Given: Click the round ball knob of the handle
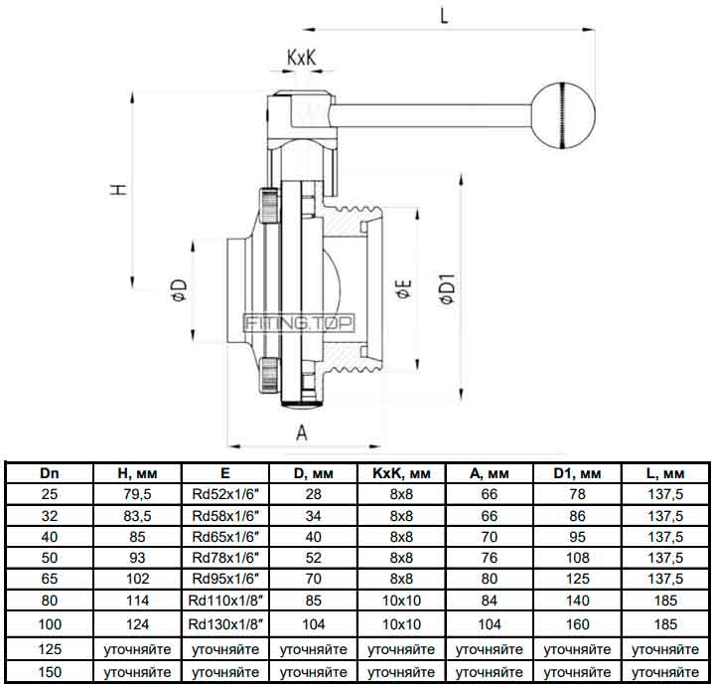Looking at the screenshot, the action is coord(563,115).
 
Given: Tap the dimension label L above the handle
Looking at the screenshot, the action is coord(444,16).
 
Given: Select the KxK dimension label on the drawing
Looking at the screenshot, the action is coord(301,58).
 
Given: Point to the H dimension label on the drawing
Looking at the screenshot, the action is coord(119,189).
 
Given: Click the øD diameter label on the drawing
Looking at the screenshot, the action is coord(179,289).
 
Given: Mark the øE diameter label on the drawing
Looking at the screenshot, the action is coord(404,289).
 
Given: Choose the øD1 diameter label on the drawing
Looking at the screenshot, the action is coord(447,288).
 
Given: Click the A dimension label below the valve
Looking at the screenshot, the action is coord(302,432).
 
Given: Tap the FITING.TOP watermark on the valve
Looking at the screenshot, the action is coord(299,323).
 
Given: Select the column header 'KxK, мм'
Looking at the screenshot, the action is coord(401,473).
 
